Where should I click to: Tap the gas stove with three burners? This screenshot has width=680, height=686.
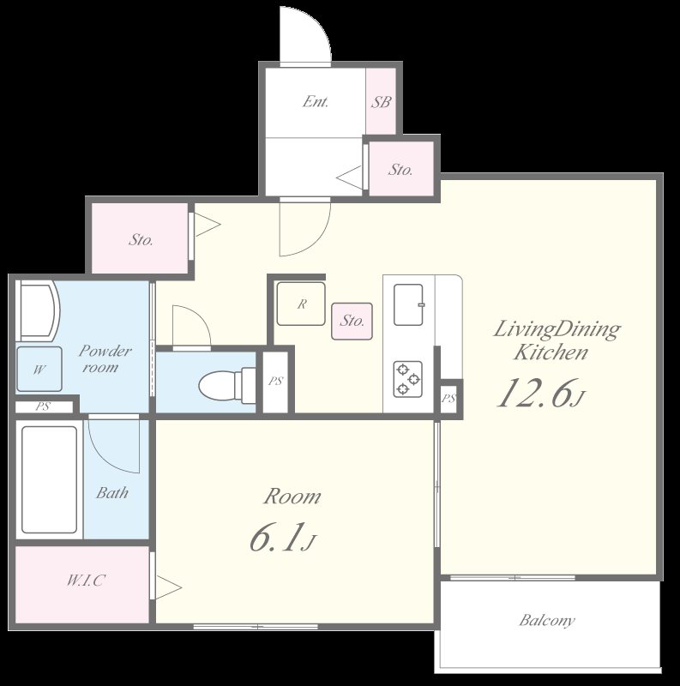(408, 378)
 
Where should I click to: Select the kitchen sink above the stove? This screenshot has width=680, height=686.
(409, 304)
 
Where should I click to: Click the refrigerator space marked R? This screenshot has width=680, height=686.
(301, 304)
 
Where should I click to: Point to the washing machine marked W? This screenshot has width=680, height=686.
(39, 370)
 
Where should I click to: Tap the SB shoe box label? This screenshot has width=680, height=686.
(382, 101)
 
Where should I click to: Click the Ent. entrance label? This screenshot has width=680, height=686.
(316, 101)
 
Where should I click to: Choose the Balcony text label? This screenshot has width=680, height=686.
(546, 620)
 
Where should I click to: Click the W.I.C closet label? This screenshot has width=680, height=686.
(85, 581)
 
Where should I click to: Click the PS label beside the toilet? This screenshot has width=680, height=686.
(275, 382)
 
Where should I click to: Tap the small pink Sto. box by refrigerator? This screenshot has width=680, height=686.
(352, 322)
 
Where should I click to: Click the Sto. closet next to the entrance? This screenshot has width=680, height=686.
(400, 170)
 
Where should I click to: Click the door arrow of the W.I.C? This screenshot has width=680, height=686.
(169, 588)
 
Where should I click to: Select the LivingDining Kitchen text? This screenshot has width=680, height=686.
(555, 340)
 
